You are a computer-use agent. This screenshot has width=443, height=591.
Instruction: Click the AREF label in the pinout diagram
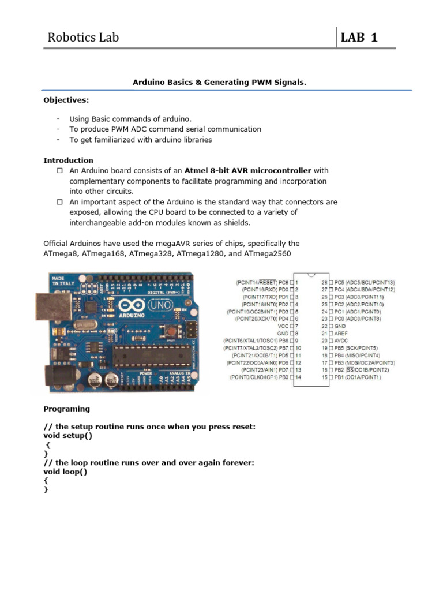343,333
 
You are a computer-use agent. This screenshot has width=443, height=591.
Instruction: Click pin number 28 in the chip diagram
324,282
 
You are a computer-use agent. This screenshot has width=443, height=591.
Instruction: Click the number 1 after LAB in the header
374,38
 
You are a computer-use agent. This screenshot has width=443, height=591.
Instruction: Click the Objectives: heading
66,100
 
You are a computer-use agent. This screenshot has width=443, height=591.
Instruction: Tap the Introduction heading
68,160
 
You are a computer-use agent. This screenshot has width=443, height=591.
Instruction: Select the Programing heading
67,409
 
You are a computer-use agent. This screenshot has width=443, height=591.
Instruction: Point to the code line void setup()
67,436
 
